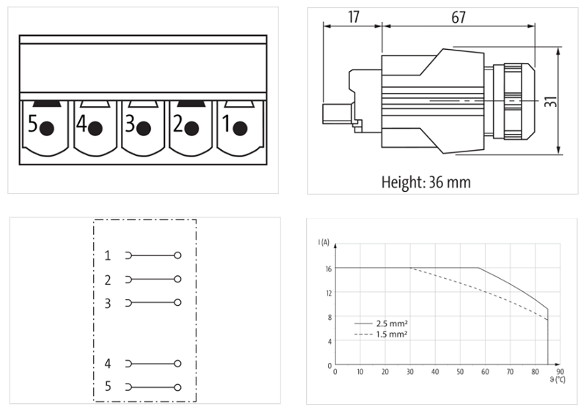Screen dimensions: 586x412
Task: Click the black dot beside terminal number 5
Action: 47,129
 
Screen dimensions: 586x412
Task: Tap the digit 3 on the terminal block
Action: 130,124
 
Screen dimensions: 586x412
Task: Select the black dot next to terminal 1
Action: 240,129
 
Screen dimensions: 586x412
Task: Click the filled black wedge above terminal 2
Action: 190,103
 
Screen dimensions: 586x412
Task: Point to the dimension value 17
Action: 353,17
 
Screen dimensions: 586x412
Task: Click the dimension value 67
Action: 459,17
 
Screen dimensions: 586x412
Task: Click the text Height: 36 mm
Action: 426,182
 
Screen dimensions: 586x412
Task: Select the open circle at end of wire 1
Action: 177,255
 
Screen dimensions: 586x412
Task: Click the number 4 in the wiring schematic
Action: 108,364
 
